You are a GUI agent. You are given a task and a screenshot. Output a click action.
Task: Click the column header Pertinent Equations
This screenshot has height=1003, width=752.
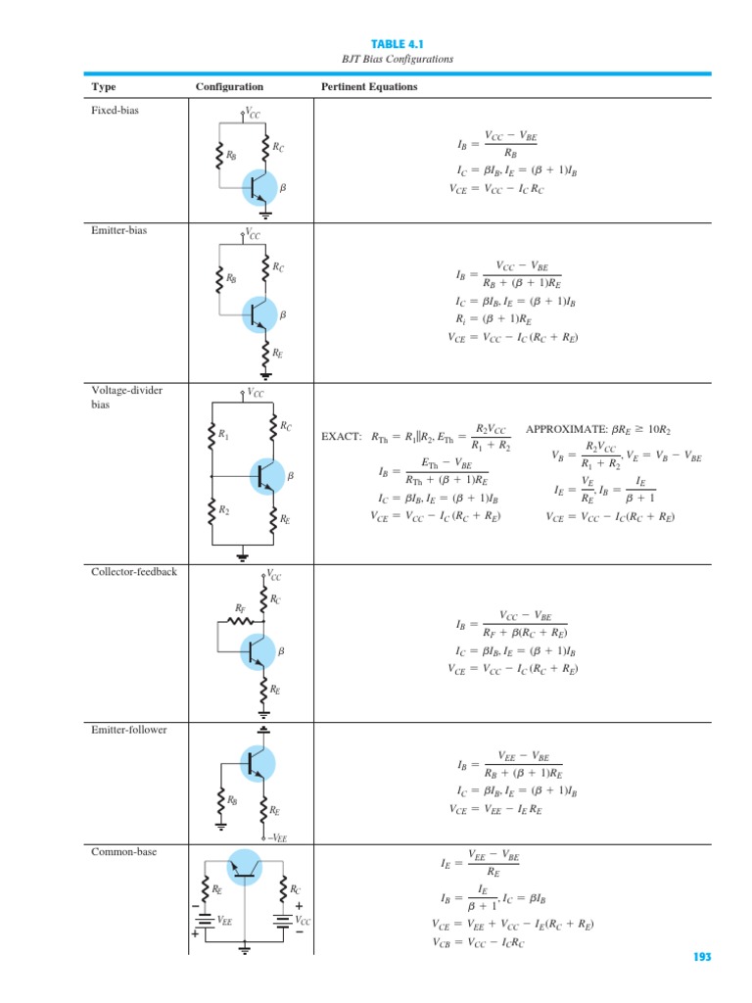(x=369, y=87)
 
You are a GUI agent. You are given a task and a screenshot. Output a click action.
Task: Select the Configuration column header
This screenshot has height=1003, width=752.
(x=229, y=87)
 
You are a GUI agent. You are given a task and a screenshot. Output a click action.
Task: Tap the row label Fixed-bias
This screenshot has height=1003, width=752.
(x=115, y=111)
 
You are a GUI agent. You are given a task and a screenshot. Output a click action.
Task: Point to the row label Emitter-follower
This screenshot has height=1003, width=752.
(x=128, y=729)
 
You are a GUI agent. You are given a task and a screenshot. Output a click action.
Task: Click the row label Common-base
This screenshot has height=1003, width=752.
(x=123, y=852)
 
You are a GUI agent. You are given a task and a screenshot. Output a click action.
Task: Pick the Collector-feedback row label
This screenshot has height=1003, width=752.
(x=134, y=571)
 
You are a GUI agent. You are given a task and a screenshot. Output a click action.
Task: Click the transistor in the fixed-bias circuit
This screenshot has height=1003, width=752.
(x=259, y=184)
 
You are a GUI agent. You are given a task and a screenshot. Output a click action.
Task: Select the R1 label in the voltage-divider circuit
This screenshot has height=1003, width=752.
(x=223, y=433)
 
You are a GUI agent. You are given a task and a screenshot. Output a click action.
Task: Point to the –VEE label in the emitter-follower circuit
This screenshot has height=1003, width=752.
(x=278, y=837)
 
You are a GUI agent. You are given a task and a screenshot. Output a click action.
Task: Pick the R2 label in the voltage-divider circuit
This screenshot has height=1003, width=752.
(x=223, y=510)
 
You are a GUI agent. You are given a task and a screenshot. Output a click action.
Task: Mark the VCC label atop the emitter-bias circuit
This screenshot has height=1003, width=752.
(x=253, y=235)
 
